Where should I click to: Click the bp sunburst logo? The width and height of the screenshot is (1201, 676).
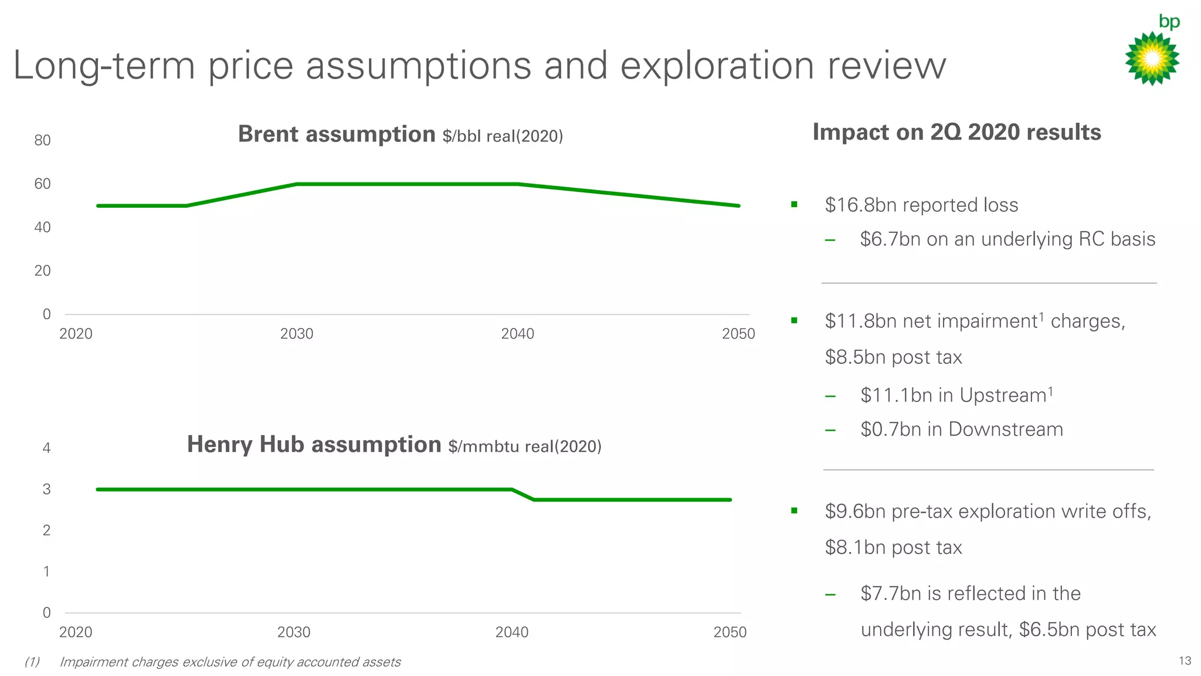1152,58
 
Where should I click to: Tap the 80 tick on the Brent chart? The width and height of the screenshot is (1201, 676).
42,140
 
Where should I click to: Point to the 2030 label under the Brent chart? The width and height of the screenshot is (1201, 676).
297,334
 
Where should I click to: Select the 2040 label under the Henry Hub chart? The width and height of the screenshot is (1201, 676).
512,632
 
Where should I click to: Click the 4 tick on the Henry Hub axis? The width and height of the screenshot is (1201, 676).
47,448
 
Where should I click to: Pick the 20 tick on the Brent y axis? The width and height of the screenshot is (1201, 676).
42,271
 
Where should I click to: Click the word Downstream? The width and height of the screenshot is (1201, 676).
1005,430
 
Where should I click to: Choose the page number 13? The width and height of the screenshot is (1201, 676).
1185,661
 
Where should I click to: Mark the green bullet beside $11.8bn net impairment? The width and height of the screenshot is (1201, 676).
794,320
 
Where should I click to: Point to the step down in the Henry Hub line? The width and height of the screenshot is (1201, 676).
523,495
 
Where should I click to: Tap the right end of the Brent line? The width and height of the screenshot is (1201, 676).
738,206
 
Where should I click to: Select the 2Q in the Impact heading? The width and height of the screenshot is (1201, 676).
946,133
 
